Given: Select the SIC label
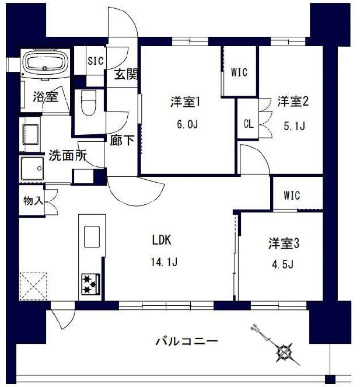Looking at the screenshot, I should pos(96,60).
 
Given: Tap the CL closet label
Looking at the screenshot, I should pos(248,123).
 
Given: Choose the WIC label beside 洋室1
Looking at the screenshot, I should pos(239,72).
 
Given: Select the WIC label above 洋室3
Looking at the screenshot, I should pos(292,196).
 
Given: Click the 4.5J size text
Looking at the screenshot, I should pos(284,264).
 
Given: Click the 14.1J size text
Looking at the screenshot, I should pos(164,262).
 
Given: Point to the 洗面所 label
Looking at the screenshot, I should pos(68,156).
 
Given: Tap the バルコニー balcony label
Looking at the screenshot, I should pos(187,341).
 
